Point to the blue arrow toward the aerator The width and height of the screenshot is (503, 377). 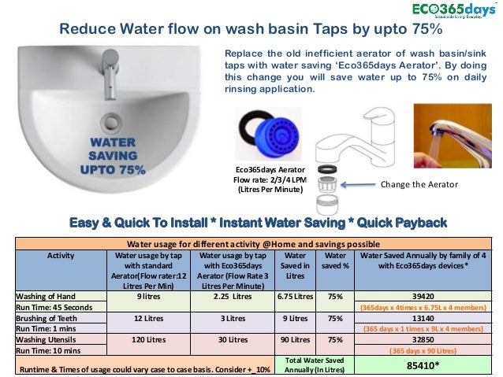352,186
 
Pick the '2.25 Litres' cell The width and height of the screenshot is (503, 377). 232,296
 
